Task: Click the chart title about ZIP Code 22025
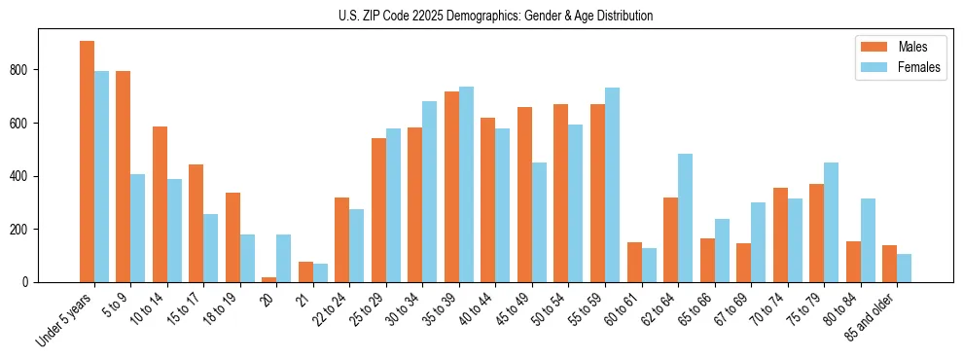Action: click(481, 16)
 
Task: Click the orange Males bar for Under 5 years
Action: click(87, 162)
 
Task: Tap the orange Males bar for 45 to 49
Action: click(524, 195)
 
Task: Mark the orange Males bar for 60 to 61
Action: click(634, 263)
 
